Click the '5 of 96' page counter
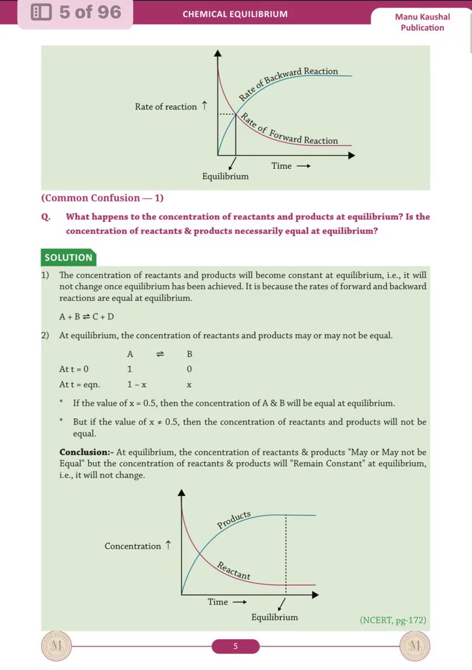click(x=75, y=12)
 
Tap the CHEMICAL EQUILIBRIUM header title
click(x=235, y=14)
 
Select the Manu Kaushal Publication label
click(x=422, y=22)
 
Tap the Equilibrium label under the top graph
click(x=226, y=177)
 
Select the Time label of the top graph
click(x=282, y=166)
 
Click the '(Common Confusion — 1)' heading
click(x=102, y=198)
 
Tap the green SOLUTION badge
click(x=69, y=258)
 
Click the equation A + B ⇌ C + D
click(x=86, y=317)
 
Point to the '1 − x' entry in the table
click(x=137, y=385)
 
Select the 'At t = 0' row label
click(x=74, y=369)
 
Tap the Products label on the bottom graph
click(x=234, y=520)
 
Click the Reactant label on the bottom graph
click(x=234, y=571)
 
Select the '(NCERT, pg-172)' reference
click(x=393, y=620)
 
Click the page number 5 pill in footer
click(x=235, y=646)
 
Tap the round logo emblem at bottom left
click(x=55, y=646)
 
